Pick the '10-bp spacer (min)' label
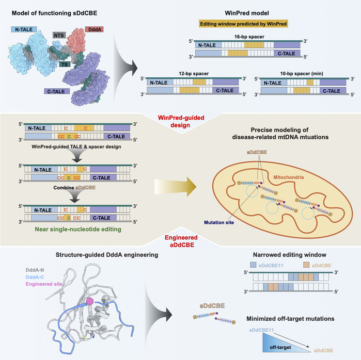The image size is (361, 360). pos(294,74)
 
